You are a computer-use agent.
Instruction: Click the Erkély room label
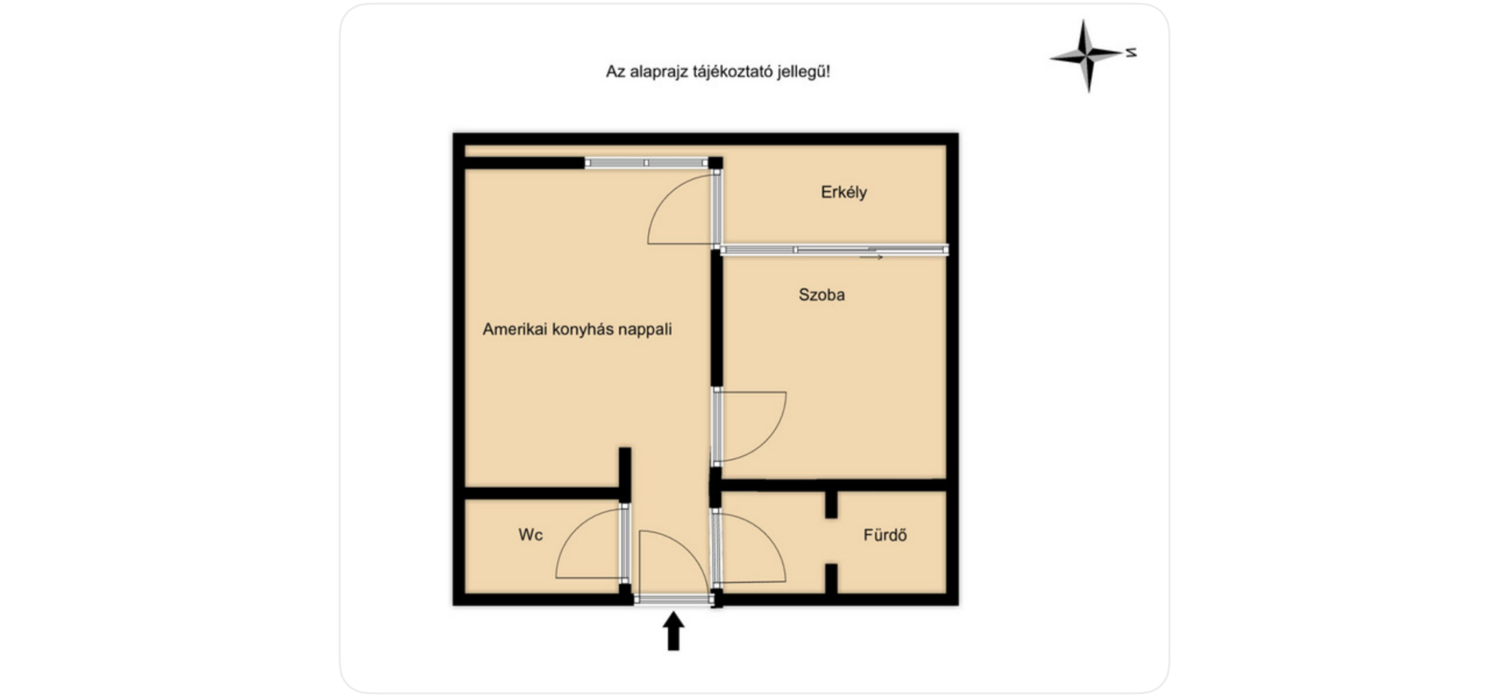(843, 193)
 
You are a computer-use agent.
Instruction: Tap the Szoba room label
(821, 295)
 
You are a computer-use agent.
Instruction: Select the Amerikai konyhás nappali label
(577, 329)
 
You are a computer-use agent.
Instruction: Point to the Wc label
(531, 535)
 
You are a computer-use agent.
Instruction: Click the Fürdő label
(885, 535)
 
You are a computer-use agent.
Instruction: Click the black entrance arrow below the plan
(674, 631)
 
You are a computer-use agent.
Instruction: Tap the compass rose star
(1086, 56)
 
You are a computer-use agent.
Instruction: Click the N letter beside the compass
(1131, 53)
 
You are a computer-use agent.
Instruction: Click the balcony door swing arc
(666, 193)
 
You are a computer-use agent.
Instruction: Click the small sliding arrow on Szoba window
(871, 257)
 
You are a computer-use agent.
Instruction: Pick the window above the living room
(647, 163)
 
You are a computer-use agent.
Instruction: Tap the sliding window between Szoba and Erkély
(835, 250)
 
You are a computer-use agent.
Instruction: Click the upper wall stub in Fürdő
(831, 504)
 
